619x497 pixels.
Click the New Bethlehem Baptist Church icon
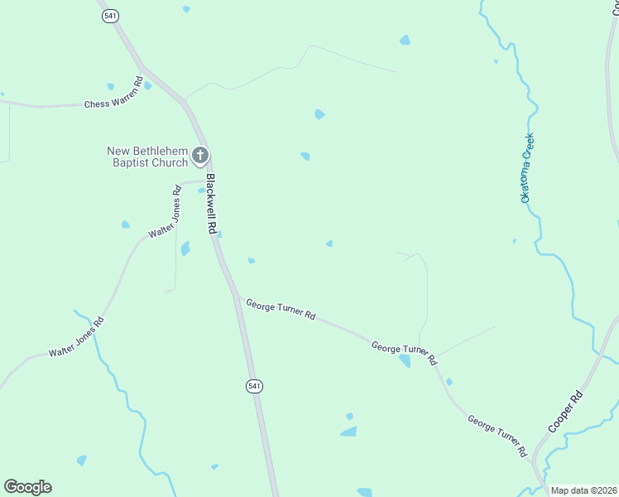click(x=199, y=155)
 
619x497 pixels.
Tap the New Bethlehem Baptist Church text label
click(x=147, y=157)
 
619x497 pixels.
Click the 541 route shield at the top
click(x=109, y=17)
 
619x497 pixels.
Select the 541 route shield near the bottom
click(x=254, y=386)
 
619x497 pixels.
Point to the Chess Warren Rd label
click(x=113, y=104)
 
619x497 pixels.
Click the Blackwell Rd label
click(x=211, y=204)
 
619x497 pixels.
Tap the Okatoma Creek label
click(x=526, y=168)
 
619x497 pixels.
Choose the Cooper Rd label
click(x=566, y=412)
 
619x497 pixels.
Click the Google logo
click(x=27, y=487)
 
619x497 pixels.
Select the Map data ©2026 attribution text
click(x=584, y=490)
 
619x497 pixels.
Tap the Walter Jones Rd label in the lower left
click(x=76, y=339)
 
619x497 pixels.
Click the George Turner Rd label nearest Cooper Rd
click(x=497, y=437)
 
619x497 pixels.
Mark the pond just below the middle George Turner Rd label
click(x=405, y=360)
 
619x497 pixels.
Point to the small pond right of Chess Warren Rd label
click(x=147, y=85)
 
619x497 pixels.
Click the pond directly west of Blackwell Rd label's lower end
click(x=185, y=248)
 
